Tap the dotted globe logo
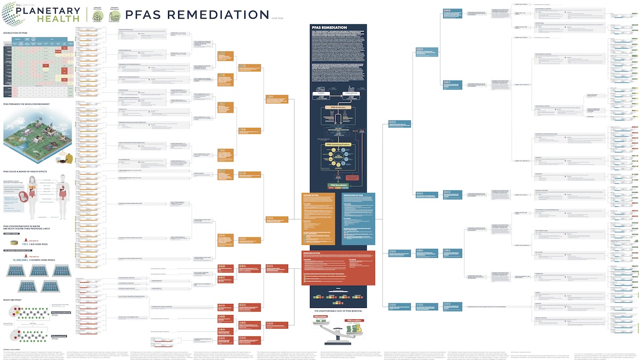tap(14, 13)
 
